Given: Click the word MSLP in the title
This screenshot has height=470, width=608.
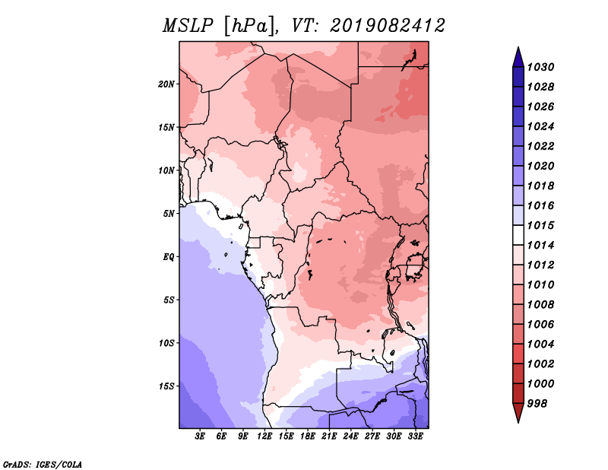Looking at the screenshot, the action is (188, 26).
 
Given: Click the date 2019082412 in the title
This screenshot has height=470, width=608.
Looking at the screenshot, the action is (388, 26).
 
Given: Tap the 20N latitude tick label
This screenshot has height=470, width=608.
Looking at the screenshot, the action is (166, 84).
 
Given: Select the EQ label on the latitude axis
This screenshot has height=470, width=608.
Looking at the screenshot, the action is (169, 257).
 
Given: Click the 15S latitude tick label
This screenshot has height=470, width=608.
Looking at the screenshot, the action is (166, 386).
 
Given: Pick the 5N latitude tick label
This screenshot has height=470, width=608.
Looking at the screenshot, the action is (169, 214).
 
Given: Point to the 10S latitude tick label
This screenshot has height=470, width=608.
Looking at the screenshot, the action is (166, 343).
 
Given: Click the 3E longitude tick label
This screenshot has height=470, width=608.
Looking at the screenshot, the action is (200, 437).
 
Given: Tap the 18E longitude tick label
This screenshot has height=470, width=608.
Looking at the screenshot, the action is (308, 437).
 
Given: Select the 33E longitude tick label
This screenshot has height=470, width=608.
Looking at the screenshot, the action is (415, 437).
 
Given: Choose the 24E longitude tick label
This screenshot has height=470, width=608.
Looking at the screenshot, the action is (350, 437).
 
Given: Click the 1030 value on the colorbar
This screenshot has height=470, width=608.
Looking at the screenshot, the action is (540, 67).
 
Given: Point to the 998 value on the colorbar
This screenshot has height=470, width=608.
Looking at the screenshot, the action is (537, 404).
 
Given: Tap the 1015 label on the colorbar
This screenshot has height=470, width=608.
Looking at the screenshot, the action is (540, 225).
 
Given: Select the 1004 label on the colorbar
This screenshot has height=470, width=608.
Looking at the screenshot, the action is (540, 345).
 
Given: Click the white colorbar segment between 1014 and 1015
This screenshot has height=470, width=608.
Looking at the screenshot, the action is (518, 235).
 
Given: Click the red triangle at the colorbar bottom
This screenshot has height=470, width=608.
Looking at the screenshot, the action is (518, 411).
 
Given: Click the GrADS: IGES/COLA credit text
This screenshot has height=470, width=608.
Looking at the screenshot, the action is (43, 464).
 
